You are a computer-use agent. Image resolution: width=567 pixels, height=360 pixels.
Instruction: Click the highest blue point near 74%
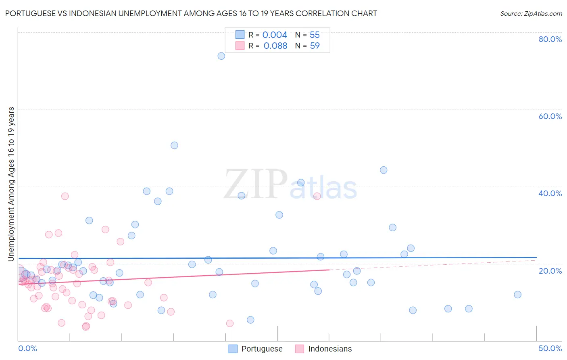pos(221,56)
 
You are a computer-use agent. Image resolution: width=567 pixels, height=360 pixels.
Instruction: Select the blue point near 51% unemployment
pos(174,145)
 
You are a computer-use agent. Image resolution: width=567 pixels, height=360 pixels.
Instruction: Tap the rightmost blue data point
pos(517,295)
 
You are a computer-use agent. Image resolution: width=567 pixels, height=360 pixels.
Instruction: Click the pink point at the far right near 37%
pos(317,196)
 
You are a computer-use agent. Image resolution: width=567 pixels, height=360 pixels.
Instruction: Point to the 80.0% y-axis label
pos(550,39)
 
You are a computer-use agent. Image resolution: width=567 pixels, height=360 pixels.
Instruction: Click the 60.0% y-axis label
pos(550,116)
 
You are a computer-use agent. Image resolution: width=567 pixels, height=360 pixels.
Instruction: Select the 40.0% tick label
pos(550,193)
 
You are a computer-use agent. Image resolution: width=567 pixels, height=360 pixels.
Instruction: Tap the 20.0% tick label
pos(550,271)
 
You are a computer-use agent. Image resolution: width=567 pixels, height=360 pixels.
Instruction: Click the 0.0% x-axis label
pos(27,348)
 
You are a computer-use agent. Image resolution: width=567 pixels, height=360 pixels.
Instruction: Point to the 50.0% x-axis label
pos(550,348)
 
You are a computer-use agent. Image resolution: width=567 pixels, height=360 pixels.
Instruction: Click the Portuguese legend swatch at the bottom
pos(233,349)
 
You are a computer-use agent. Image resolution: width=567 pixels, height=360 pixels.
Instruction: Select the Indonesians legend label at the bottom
pos(330,349)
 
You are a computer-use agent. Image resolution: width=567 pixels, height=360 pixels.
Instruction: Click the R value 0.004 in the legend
pos(275,35)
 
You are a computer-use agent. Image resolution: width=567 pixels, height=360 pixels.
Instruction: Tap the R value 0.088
pos(275,46)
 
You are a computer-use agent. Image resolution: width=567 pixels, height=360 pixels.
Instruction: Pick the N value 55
pos(315,35)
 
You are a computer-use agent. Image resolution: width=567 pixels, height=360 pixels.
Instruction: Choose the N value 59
pos(315,46)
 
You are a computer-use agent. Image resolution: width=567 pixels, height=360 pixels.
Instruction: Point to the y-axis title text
pos(11,184)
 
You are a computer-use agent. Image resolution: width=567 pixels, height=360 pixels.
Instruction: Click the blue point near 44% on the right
pos(384,170)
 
